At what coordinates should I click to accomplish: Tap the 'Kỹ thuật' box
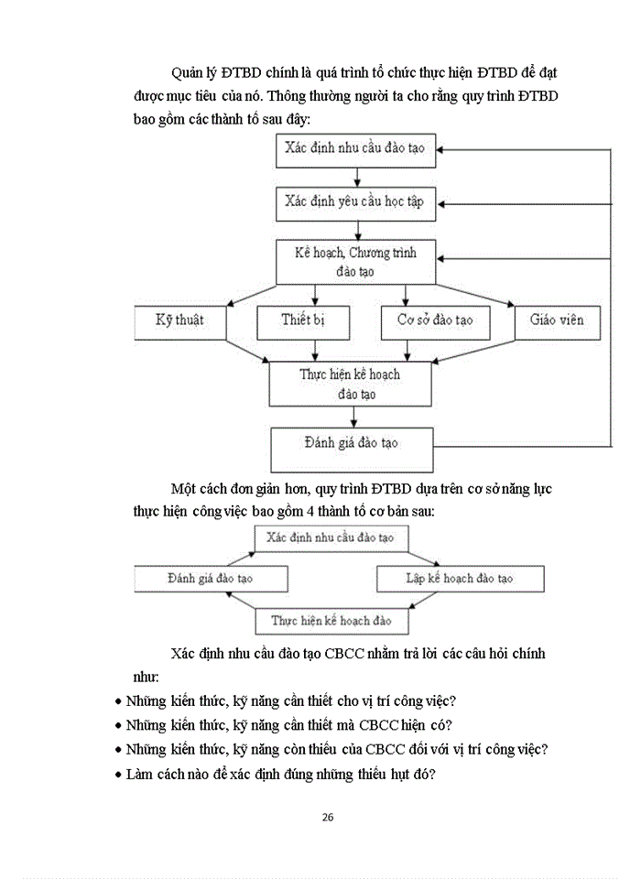click(181, 321)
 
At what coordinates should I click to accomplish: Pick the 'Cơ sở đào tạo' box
click(434, 321)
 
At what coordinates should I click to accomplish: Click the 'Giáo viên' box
click(556, 321)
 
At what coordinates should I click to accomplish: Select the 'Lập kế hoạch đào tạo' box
click(460, 579)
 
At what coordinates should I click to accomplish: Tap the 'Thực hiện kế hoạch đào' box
click(331, 621)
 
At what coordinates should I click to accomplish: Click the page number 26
click(327, 818)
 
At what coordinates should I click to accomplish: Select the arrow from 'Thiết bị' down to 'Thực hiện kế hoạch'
click(316, 350)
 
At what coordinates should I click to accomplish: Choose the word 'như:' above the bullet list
click(144, 678)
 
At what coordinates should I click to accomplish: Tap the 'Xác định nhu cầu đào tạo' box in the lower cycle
click(331, 537)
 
